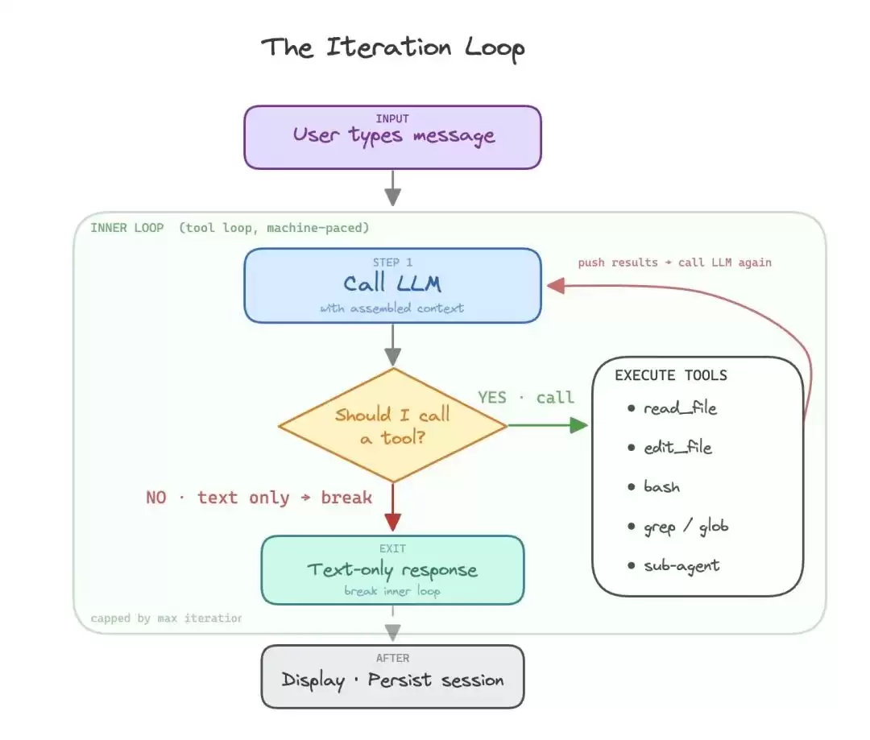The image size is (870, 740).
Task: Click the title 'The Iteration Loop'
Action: coord(393,48)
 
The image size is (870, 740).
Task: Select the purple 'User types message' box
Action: coord(393,137)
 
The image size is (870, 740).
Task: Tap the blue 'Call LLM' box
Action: coord(393,285)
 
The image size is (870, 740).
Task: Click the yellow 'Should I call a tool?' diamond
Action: coord(393,425)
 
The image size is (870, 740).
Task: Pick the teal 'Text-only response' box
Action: coord(393,570)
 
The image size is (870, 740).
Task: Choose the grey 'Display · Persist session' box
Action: coord(393,676)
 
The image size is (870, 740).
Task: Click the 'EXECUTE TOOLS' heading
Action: coord(671,375)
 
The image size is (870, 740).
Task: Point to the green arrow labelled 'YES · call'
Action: coord(548,425)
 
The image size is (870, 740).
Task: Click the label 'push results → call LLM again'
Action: coord(675,263)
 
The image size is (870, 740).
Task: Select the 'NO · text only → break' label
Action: coord(259,497)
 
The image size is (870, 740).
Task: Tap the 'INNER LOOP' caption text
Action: coord(127,228)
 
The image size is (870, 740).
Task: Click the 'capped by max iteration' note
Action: coord(167,618)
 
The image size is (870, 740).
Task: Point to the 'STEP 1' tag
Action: coord(392,263)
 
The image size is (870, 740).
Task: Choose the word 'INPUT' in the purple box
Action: coord(392,118)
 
